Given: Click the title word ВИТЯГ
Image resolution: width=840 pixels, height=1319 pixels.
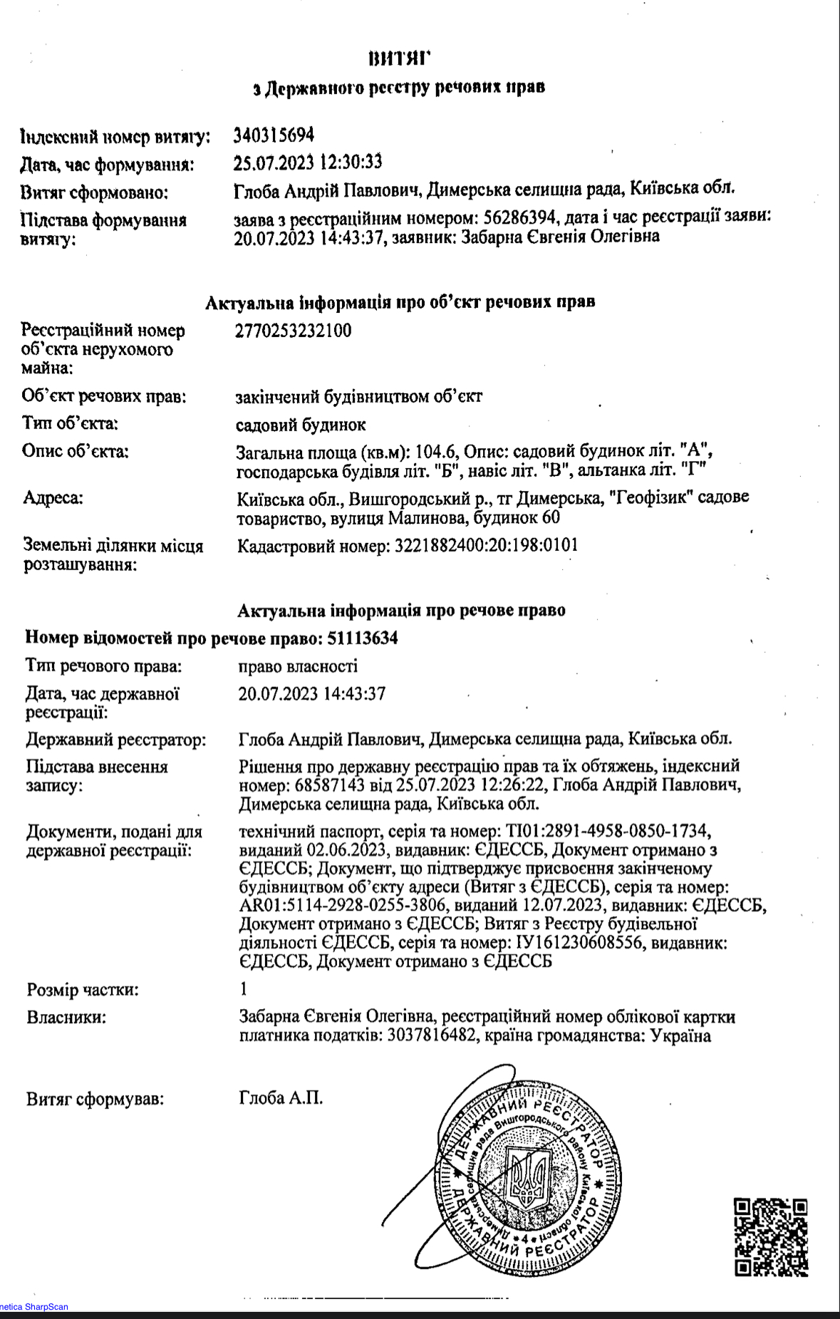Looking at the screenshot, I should pos(400,58).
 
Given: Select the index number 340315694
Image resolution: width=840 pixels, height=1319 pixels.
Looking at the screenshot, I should pos(274,135).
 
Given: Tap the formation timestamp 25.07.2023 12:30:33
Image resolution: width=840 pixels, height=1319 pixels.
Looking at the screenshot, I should pos(307,162).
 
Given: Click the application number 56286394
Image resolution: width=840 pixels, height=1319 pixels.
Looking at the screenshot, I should pos(519,217).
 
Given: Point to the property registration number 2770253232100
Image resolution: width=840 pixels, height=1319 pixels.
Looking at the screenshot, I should pos(293,331).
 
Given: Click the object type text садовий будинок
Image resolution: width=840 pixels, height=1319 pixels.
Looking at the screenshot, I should pos(301,425).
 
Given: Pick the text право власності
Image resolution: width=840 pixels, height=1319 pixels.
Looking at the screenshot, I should pos(298,666).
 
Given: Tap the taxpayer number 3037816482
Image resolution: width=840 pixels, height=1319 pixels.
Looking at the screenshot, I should pos(432,1035).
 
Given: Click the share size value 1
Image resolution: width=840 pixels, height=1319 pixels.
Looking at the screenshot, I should pos(244,989).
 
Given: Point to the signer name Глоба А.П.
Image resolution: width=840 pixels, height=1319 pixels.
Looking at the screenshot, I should pos(281,1098).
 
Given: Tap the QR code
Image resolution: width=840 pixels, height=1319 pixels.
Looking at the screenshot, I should pos(771,1236).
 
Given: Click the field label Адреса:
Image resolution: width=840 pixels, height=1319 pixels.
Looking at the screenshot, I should pos(53,497).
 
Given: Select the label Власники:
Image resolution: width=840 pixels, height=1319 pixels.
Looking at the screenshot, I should pos(66,1017).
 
